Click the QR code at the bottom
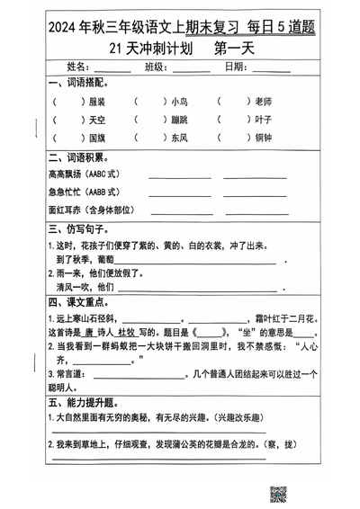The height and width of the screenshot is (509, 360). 278,493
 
